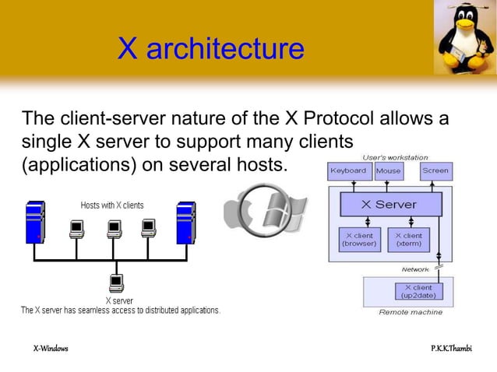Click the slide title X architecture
(x=210, y=49)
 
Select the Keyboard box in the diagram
(x=347, y=170)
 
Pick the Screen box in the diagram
(x=435, y=170)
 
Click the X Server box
(x=390, y=205)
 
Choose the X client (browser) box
(x=359, y=239)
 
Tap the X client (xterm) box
(x=409, y=239)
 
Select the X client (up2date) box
(x=418, y=292)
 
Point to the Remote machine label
(x=411, y=312)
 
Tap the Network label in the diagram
(x=415, y=269)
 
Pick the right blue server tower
(x=185, y=222)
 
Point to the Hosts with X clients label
(x=112, y=205)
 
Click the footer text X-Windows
(x=51, y=348)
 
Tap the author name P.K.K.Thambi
(x=452, y=348)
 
